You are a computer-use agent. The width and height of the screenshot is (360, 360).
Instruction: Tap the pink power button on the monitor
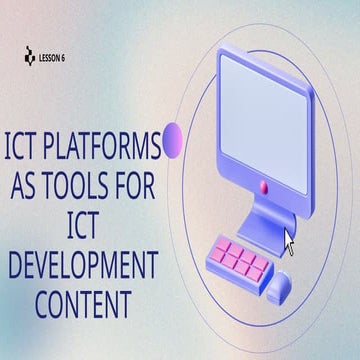point(264,186)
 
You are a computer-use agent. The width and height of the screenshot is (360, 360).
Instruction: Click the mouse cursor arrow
point(289,241)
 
